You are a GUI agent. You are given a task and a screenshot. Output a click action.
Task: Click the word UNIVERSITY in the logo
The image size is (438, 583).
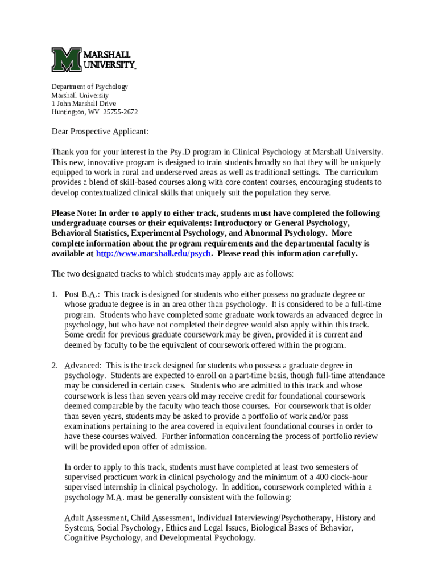pos(109,64)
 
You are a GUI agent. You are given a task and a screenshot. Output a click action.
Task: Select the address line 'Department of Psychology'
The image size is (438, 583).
pos(89,87)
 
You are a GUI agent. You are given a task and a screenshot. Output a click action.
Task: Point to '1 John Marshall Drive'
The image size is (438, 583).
pos(84,104)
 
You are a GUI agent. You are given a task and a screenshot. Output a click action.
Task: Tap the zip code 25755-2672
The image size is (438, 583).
pos(120,112)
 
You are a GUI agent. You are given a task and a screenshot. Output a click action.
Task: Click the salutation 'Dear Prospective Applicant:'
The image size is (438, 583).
pos(100,132)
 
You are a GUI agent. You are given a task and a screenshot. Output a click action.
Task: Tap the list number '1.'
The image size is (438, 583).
pos(55,294)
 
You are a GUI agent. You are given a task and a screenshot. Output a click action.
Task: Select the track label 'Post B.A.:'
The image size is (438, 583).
pos(82,294)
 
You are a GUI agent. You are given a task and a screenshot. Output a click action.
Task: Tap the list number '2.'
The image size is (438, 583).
pos(55,365)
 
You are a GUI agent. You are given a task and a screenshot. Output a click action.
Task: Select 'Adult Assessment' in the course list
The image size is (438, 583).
pos(96,518)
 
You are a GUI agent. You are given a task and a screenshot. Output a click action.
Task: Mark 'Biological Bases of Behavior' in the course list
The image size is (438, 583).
pos(302,528)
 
